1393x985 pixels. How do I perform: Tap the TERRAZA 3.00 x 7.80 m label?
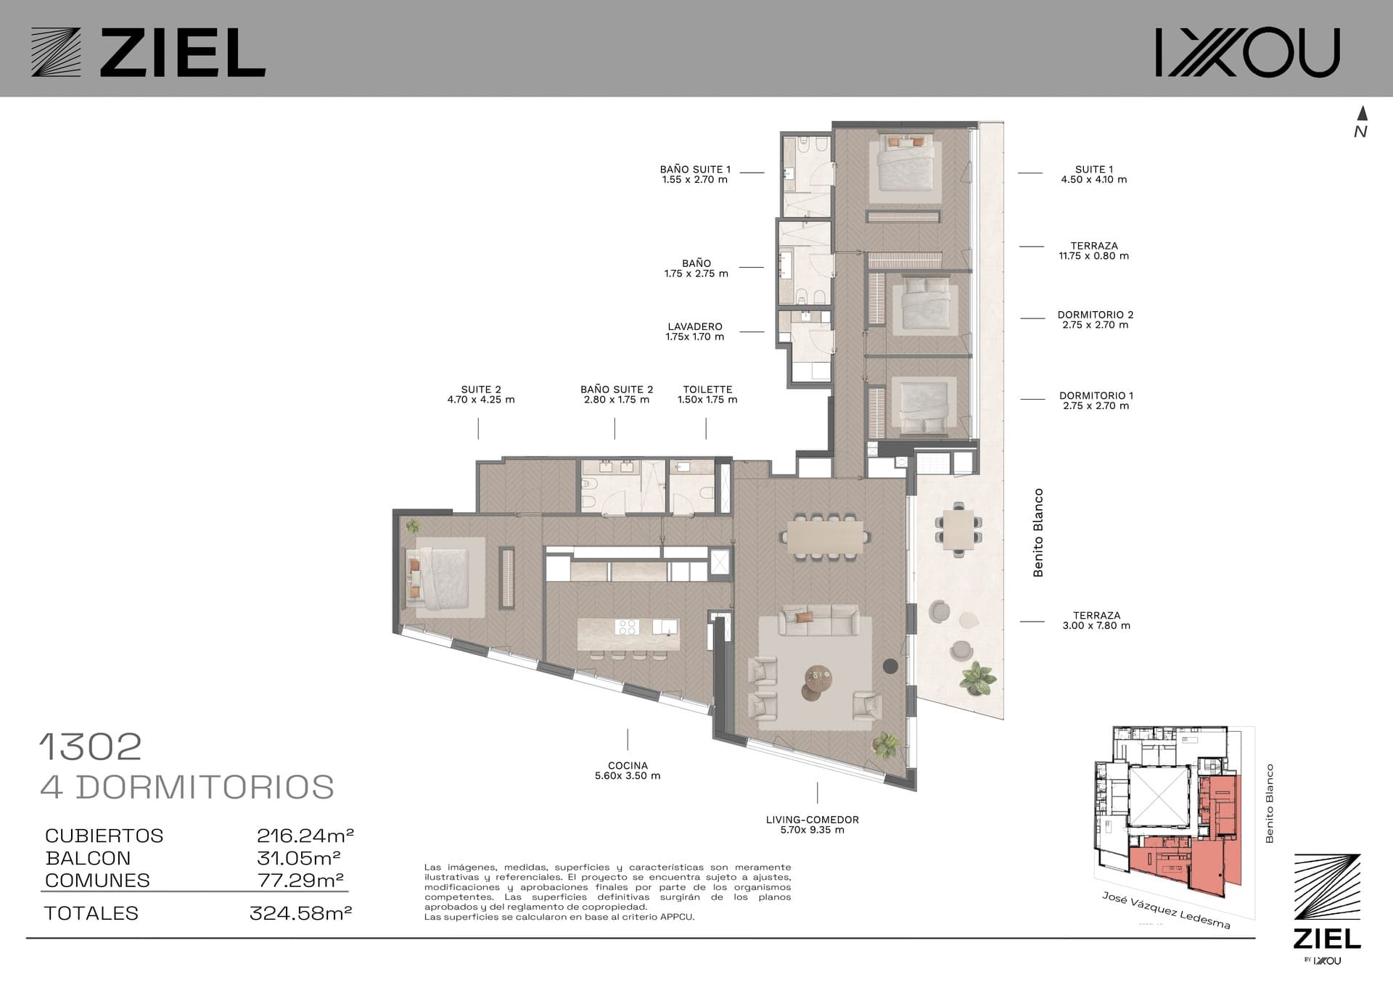click(1096, 620)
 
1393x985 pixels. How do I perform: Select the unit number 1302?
click(91, 747)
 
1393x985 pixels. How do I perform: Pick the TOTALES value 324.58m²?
click(300, 913)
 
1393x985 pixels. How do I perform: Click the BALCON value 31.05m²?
click(299, 858)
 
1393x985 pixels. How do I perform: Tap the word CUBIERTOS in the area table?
click(104, 836)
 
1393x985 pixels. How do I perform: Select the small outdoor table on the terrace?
click(958, 529)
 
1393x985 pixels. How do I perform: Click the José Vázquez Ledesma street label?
click(1166, 910)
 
